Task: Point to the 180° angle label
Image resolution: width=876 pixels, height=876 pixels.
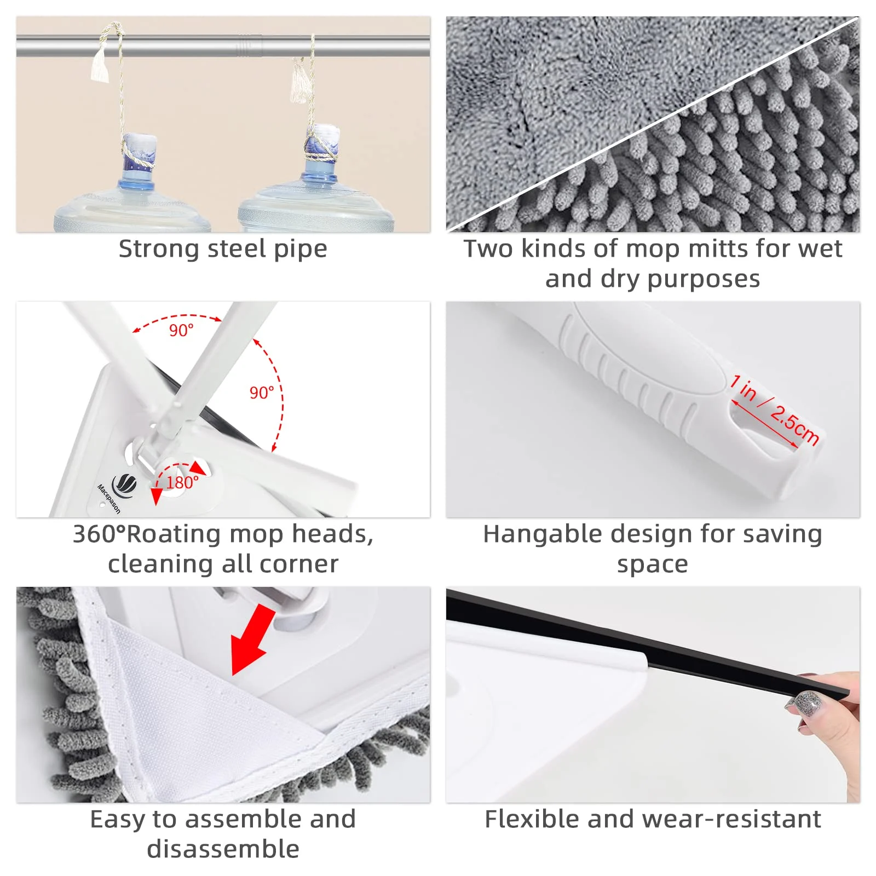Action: click(x=182, y=483)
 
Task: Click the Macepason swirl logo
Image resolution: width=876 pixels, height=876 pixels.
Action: click(x=124, y=484)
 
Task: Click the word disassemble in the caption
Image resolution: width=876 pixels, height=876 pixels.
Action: click(x=223, y=849)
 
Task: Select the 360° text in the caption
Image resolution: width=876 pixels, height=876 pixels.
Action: click(x=99, y=534)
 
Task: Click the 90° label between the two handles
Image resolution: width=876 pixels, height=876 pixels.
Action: click(x=181, y=331)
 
